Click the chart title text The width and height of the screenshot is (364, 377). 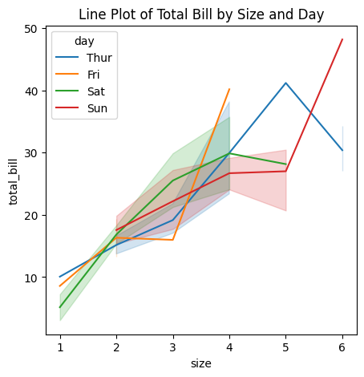tap(201, 14)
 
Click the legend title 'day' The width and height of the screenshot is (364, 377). tap(84, 41)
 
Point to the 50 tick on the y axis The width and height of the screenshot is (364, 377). tap(31, 29)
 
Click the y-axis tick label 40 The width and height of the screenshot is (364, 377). tap(31, 91)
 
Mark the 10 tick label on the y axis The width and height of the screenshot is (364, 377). tap(31, 278)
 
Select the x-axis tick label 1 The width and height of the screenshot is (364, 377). tap(60, 347)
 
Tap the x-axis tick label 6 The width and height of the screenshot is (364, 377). tap(342, 347)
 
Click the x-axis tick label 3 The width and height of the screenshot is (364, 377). tap(173, 347)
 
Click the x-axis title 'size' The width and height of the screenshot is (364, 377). tap(201, 363)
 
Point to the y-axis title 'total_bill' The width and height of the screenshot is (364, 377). tap(13, 182)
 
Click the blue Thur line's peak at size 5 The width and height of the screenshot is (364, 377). tap(285, 83)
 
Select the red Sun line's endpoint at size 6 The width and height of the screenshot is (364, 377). tap(342, 39)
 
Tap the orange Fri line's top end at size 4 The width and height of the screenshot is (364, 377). tap(229, 89)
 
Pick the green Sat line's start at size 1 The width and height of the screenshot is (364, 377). tap(60, 307)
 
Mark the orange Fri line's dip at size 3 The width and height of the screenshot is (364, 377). tap(173, 240)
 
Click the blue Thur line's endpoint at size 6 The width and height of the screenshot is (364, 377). tap(342, 150)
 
